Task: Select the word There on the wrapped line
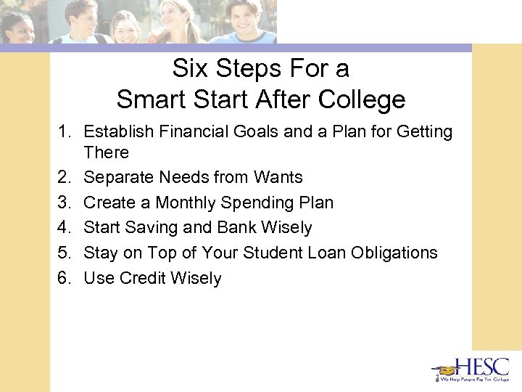point(106,152)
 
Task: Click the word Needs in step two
point(198,177)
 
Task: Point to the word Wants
point(278,177)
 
